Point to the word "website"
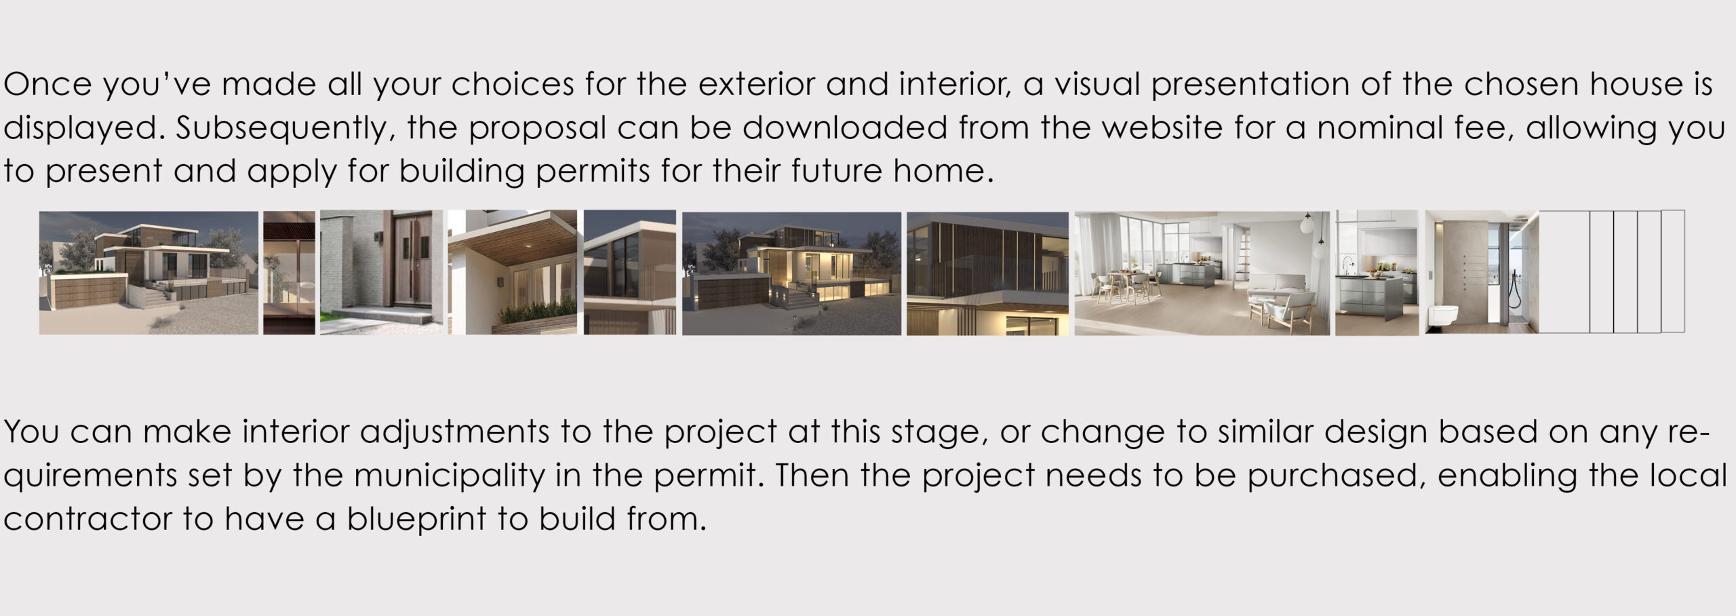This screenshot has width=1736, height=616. coord(1161,128)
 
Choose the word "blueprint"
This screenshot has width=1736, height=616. coord(416,519)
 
